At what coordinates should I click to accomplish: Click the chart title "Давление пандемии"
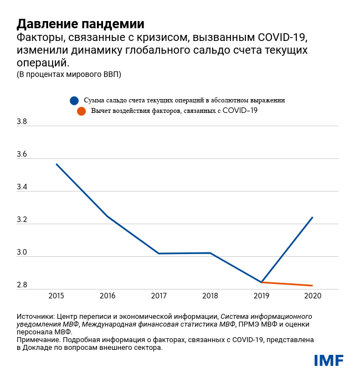tap(80, 24)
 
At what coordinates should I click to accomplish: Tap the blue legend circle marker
tap(74, 101)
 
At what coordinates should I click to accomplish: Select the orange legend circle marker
tap(81, 111)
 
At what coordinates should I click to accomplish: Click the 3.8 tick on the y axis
tap(22, 122)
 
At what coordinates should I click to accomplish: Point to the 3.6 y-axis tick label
tap(22, 154)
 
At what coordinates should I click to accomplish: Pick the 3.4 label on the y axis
tap(22, 187)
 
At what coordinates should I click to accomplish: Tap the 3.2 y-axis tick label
tap(22, 220)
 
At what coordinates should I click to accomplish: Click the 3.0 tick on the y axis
tap(22, 252)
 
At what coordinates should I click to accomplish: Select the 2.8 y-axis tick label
tap(22, 285)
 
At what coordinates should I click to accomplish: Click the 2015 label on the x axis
tap(56, 296)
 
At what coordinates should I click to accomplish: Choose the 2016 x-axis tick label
tap(107, 296)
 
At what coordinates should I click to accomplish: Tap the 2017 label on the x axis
tap(159, 296)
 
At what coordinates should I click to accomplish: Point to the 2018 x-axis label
tap(210, 296)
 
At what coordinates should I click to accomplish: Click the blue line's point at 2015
tap(56, 164)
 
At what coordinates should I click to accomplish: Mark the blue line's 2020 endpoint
tap(313, 217)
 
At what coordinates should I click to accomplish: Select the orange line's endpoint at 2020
tap(313, 286)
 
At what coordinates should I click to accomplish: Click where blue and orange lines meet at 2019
tap(261, 282)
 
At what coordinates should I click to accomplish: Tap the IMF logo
tap(328, 360)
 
